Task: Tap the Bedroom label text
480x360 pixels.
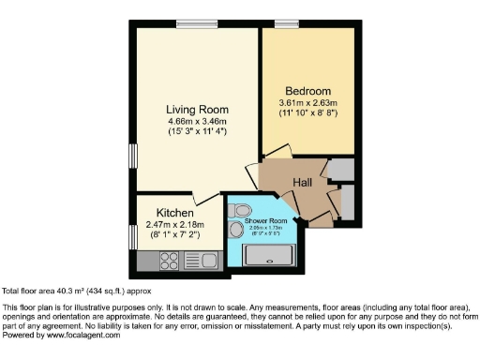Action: (307, 90)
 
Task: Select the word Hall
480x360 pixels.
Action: (302, 182)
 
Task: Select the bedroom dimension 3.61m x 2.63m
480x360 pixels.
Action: (307, 102)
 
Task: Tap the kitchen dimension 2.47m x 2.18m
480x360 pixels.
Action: (175, 225)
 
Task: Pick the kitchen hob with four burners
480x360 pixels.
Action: (170, 261)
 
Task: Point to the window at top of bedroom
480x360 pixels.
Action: (287, 23)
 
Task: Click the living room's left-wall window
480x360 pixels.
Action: (132, 154)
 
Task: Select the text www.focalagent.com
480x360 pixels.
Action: (82, 335)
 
